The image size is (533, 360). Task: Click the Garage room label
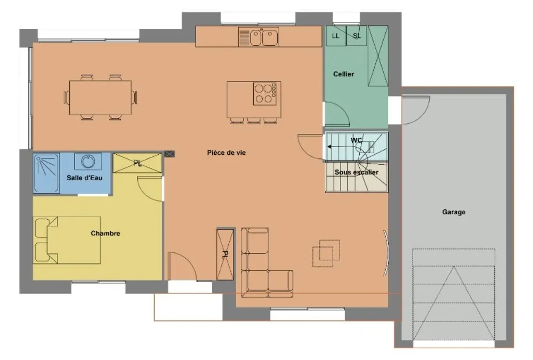(x=454, y=212)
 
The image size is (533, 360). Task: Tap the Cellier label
(x=343, y=74)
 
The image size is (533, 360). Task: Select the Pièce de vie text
(x=227, y=153)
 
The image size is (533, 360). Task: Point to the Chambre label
(x=106, y=233)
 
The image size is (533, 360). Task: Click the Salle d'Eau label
(x=84, y=178)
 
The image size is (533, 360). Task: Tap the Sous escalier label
(x=356, y=172)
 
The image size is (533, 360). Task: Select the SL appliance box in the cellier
(x=357, y=36)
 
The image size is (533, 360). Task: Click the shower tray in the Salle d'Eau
(x=46, y=173)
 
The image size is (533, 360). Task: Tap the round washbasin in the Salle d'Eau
(x=88, y=161)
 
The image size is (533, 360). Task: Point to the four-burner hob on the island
(x=265, y=93)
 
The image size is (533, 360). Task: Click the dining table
(x=100, y=97)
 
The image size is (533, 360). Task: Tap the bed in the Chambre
(x=67, y=240)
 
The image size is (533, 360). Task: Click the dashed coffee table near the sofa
(x=326, y=253)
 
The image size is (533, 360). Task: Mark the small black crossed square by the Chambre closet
(x=169, y=154)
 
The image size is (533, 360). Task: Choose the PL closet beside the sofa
(x=225, y=254)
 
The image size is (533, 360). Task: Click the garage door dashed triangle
(x=454, y=303)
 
